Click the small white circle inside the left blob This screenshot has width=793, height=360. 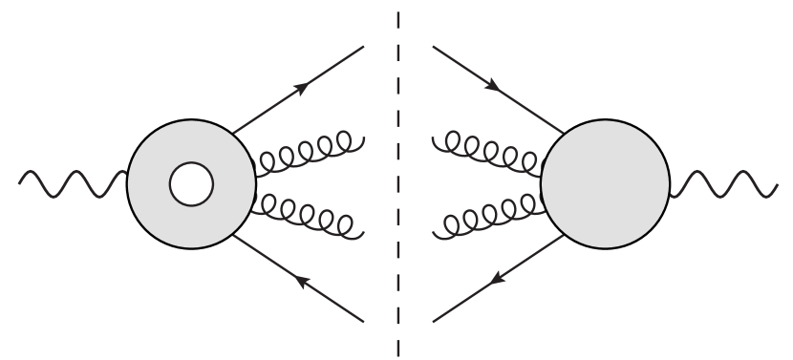[191, 184]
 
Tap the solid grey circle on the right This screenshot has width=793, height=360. [606, 185]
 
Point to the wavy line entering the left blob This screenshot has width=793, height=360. [72, 182]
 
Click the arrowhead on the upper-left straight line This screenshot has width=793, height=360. [302, 88]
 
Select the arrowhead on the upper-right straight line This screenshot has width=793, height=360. [493, 86]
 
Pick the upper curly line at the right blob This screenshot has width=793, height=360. [487, 153]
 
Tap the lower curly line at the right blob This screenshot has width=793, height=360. [487, 218]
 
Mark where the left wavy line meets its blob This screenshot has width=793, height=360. [127, 176]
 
